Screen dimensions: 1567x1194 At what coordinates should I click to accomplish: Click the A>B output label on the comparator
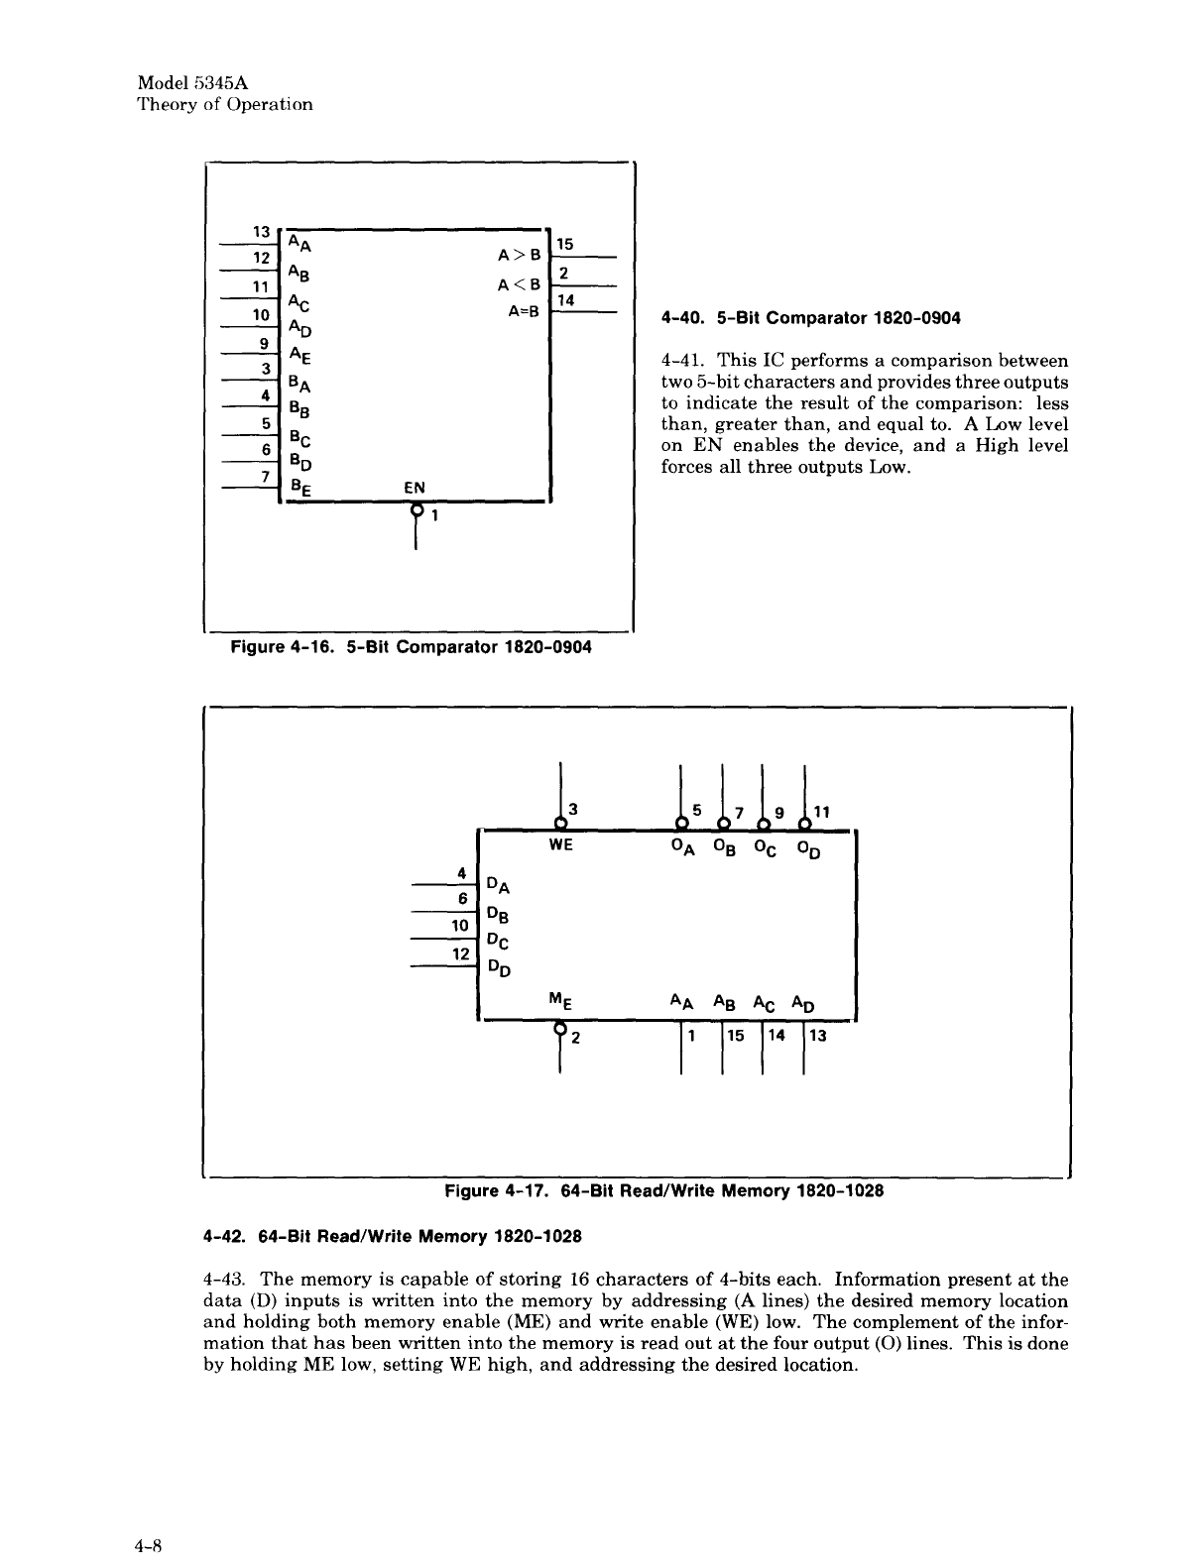click(x=519, y=255)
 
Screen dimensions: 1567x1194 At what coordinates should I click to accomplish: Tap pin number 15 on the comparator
click(x=564, y=244)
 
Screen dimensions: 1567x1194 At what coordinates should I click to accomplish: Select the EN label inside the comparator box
click(x=414, y=487)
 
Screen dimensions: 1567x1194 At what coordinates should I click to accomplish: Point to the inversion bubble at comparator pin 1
click(x=417, y=509)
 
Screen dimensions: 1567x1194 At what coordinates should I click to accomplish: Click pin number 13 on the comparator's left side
click(x=263, y=230)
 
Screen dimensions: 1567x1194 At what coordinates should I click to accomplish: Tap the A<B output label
click(x=519, y=284)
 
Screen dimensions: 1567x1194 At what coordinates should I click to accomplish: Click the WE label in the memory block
click(x=561, y=847)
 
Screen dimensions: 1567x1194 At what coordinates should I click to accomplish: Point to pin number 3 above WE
click(x=573, y=811)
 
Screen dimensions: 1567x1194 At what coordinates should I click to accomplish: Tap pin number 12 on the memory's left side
click(x=460, y=953)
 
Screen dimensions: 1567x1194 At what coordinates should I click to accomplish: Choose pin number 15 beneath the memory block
click(x=736, y=1037)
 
